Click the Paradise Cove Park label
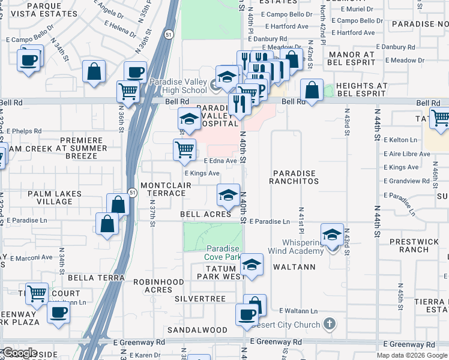pos(223,253)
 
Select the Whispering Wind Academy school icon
pos(331,235)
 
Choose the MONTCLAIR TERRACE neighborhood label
pos(163,189)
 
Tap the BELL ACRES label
pos(205,214)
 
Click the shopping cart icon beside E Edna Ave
pos(184,150)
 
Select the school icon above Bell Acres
pos(228,194)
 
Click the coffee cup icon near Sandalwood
pos(246,314)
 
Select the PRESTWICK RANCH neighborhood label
pos(405,245)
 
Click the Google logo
pos(20,353)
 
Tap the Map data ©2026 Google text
pos(412,355)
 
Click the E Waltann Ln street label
pos(298,311)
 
